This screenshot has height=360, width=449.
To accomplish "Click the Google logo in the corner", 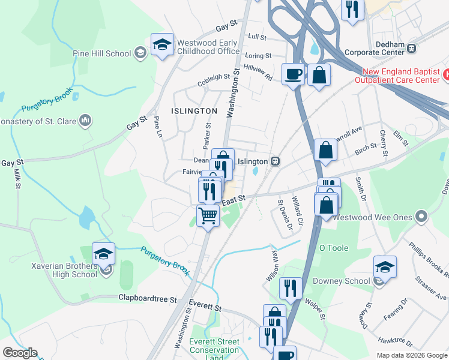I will click(20, 353).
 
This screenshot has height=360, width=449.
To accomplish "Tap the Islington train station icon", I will click(276, 161).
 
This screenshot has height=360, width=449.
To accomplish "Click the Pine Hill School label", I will click(101, 53).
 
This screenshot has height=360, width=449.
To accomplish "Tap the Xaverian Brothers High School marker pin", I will click(103, 254).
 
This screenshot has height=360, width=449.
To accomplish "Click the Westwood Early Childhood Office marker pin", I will click(162, 45).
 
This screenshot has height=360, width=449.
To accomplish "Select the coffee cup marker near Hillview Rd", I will click(292, 75).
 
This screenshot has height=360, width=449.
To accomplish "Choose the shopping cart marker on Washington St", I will click(208, 215).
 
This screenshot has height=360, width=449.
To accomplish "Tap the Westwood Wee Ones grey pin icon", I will click(422, 216).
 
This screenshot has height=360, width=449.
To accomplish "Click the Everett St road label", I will click(205, 305).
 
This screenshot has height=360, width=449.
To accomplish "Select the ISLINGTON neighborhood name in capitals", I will click(194, 111).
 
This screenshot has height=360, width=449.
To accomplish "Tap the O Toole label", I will click(334, 247).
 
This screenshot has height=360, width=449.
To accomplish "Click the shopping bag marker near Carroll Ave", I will click(325, 151).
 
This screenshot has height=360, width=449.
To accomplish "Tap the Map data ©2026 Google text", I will click(412, 355).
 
